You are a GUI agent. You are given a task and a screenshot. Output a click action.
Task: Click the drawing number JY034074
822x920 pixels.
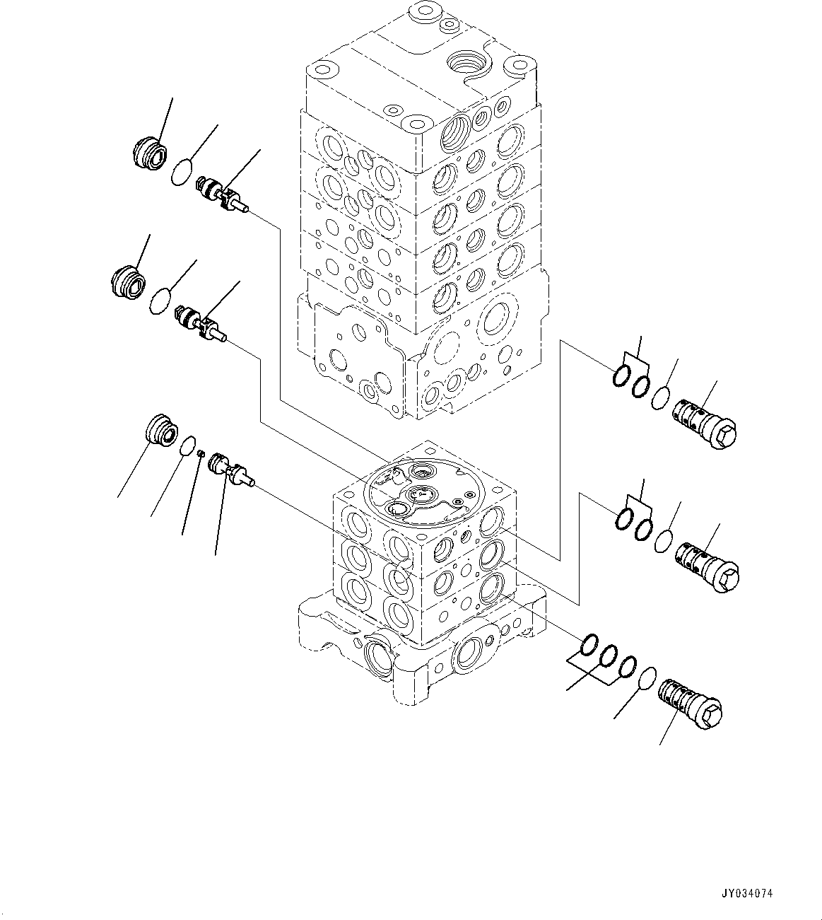[748, 893]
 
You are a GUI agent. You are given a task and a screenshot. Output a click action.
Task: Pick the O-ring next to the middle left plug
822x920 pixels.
[162, 301]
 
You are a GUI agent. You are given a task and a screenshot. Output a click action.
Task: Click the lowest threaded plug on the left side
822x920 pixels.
[160, 431]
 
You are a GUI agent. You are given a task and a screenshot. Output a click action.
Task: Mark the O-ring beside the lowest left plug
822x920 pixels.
[187, 446]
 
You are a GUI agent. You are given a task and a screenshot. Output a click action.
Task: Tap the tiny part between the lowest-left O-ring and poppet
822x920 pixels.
[201, 454]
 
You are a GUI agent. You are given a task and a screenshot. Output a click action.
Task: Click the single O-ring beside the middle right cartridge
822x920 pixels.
[663, 542]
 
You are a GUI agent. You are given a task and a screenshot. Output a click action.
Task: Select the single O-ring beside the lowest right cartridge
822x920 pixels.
[646, 680]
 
